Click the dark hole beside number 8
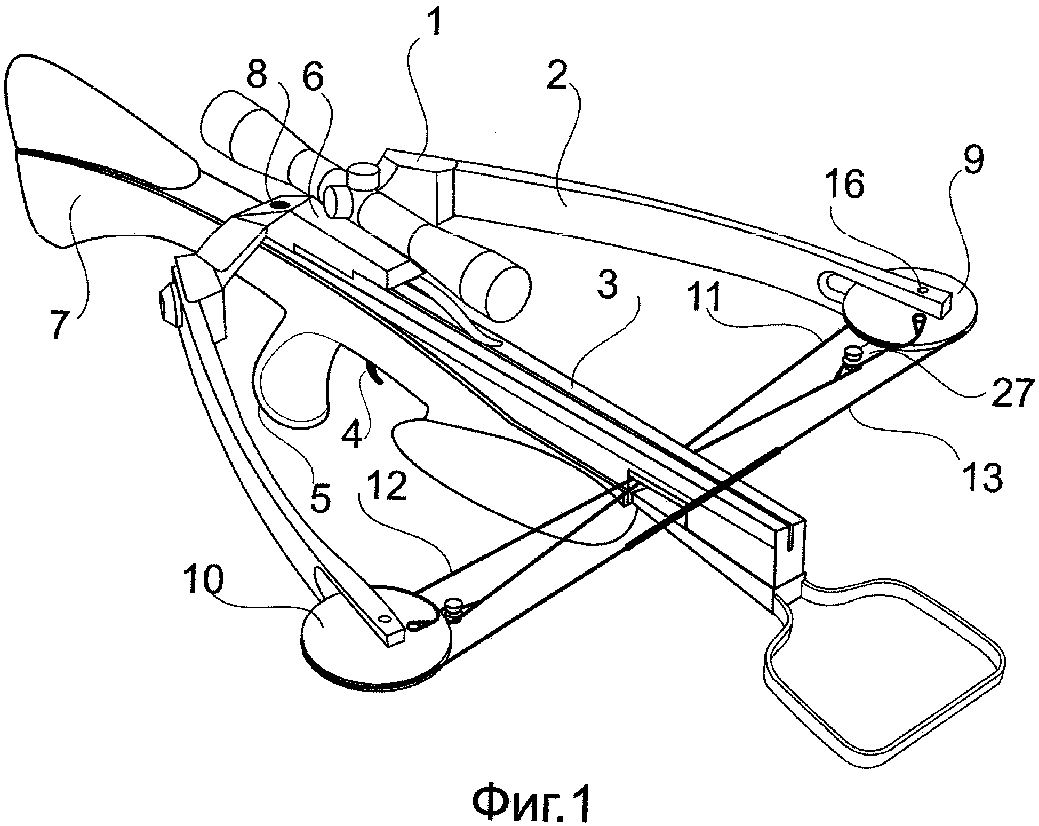279,204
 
